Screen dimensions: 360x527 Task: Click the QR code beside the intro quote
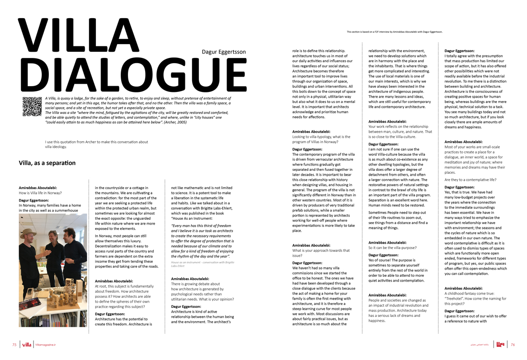tap(31, 106)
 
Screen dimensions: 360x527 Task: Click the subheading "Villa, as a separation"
tap(47, 163)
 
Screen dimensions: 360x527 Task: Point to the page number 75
tap(14, 345)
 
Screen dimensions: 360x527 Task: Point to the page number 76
tap(513, 345)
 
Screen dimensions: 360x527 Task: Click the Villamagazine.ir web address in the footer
tap(46, 345)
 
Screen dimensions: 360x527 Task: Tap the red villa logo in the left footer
tap(27, 345)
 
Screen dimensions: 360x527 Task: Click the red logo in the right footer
tap(501, 344)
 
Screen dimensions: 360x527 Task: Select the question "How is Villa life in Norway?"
tap(40, 193)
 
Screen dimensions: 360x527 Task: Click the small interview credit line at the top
tap(394, 32)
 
